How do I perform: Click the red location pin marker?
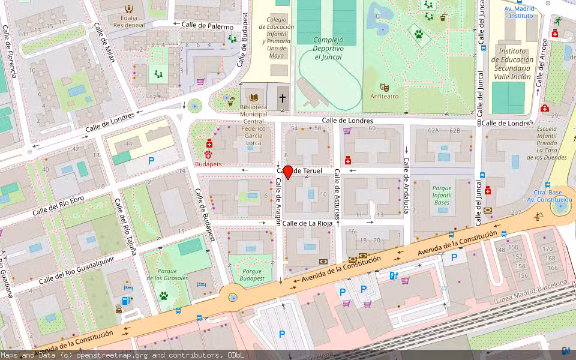[288, 173]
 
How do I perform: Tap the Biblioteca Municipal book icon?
[254, 97]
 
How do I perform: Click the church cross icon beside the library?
[283, 98]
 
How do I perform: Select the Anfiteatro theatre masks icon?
[384, 88]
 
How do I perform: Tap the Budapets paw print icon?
[209, 154]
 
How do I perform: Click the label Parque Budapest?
[252, 275]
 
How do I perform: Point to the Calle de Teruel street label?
[300, 171]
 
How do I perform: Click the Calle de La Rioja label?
[308, 223]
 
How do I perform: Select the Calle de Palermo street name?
[208, 26]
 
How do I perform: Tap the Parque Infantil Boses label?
[442, 195]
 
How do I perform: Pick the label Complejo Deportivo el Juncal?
[328, 49]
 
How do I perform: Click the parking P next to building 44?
[151, 160]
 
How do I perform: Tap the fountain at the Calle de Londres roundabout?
[194, 107]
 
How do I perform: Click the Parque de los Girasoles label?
[167, 275]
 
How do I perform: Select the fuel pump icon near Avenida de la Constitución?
[393, 276]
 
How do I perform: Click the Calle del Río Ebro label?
[58, 204]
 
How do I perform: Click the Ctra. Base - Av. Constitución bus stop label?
[548, 196]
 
